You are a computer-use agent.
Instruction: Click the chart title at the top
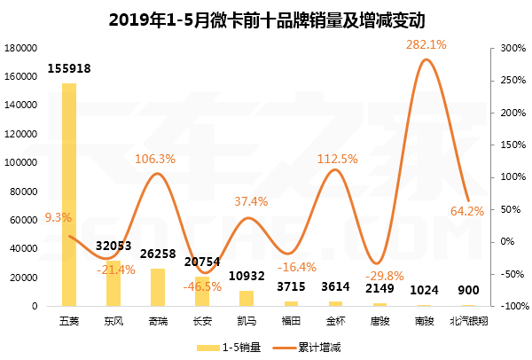[x=266, y=19]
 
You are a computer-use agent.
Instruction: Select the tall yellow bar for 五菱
[x=68, y=195]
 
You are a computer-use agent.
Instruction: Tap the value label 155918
[x=68, y=68]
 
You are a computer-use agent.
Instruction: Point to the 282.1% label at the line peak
[x=426, y=43]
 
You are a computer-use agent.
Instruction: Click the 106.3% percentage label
[x=155, y=159]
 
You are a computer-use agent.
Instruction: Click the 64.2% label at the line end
[x=467, y=211]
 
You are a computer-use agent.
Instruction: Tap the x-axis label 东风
[x=113, y=319]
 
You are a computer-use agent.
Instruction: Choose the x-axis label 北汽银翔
[x=469, y=319]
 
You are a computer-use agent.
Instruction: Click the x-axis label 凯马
[x=246, y=319]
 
